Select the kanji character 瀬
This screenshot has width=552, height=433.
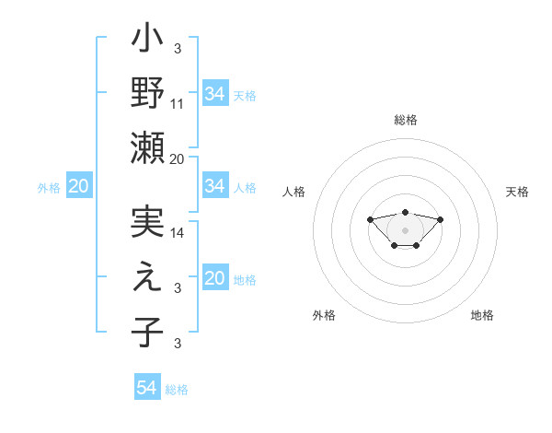coord(147,147)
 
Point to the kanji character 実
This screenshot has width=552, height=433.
coord(147,225)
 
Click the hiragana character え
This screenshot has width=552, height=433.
coord(147,279)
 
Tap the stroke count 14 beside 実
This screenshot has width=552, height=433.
coord(178,233)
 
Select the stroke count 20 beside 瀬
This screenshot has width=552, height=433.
coord(178,158)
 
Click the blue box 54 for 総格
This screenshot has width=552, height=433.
coord(146,388)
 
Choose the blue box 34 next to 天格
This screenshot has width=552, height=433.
coord(214,94)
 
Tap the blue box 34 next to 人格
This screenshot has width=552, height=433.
coord(214,187)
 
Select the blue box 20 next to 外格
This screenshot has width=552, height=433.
coord(78,187)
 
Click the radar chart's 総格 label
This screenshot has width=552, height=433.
coord(405,120)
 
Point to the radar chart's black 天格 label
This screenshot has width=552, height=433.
coord(517,192)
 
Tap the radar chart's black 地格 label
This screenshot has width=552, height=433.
coord(482,315)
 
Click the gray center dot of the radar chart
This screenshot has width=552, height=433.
coord(405,230)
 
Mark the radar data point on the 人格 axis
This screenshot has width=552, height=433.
coord(370,219)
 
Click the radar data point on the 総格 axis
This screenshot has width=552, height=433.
coord(405,212)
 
